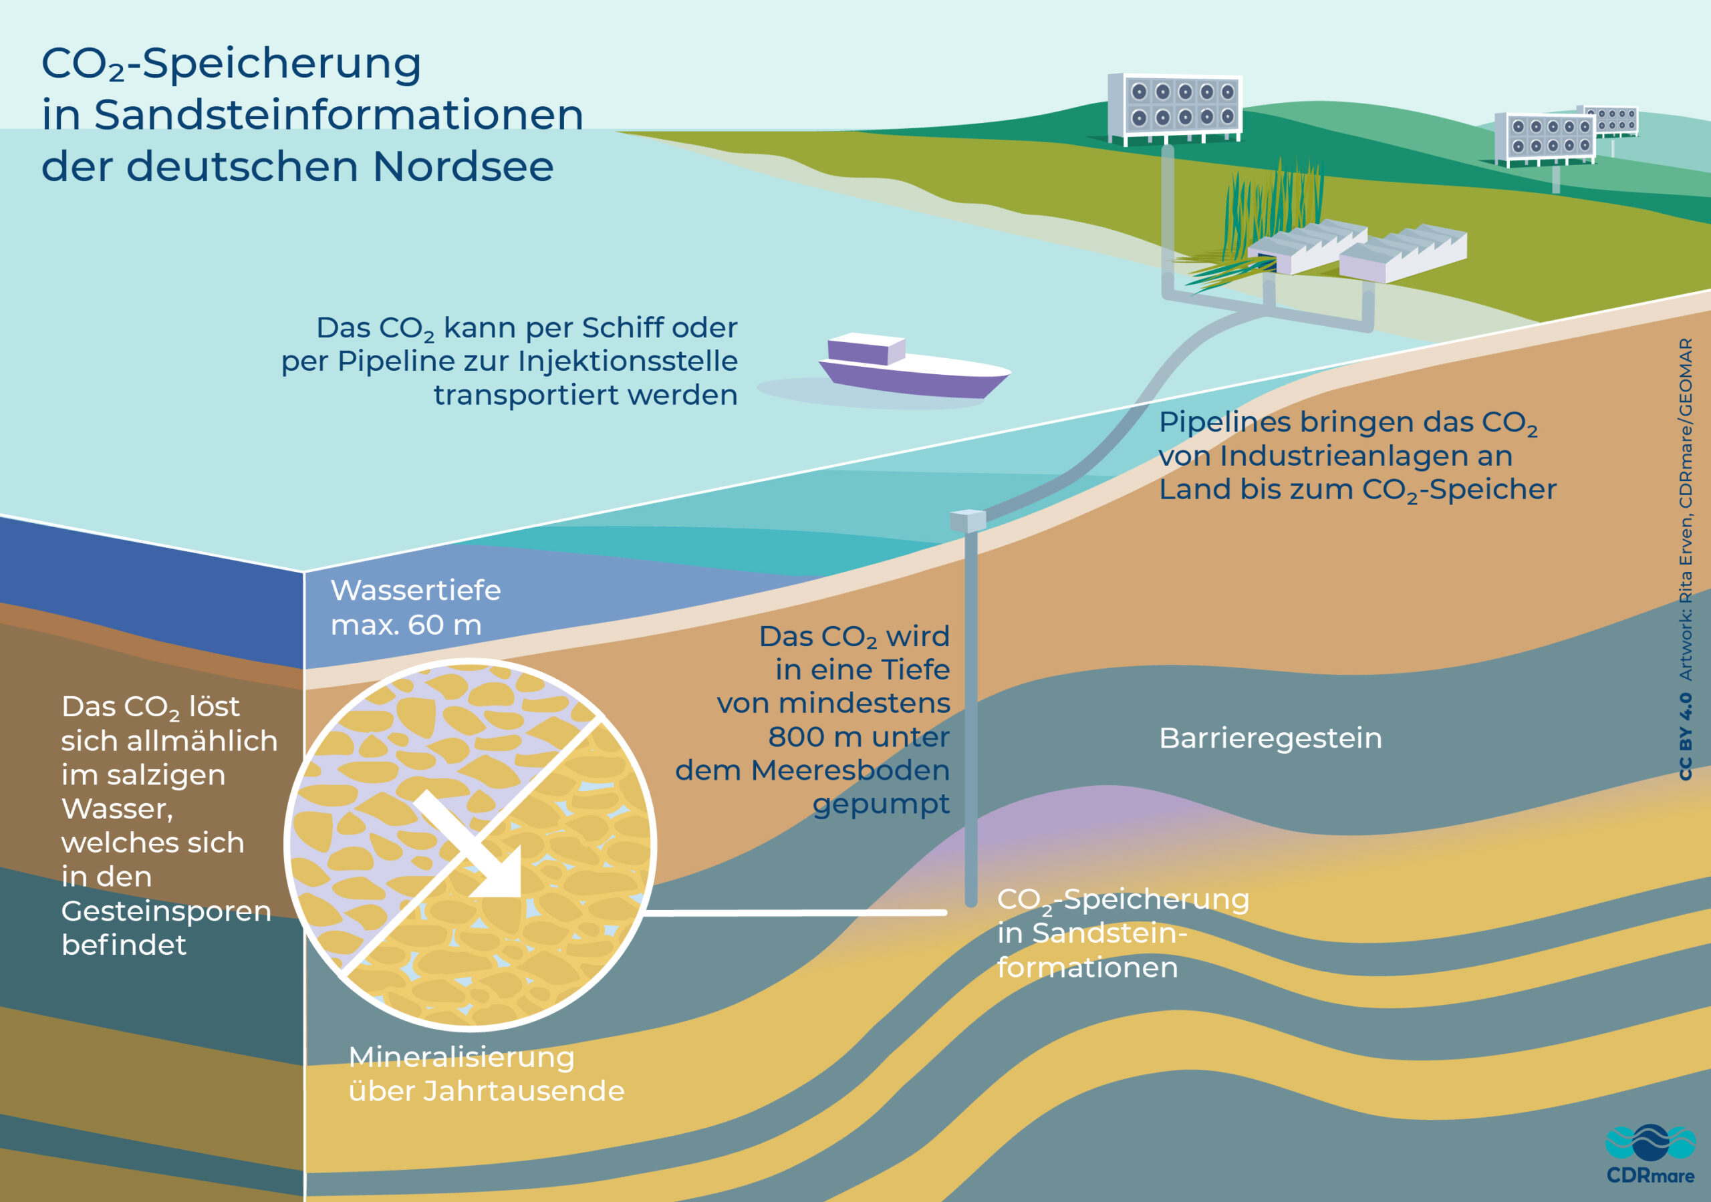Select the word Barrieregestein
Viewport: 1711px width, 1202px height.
point(1270,738)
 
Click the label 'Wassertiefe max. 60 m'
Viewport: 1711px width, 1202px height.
point(415,607)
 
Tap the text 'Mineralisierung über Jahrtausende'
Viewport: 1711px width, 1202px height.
point(486,1074)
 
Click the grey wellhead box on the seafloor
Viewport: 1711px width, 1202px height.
point(968,519)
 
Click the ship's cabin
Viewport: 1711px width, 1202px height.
point(865,348)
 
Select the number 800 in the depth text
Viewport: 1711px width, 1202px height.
point(793,737)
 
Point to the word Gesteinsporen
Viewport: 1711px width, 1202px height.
point(166,911)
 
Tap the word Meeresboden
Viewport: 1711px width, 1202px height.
point(849,770)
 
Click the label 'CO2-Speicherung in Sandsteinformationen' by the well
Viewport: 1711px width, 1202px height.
point(1122,933)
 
